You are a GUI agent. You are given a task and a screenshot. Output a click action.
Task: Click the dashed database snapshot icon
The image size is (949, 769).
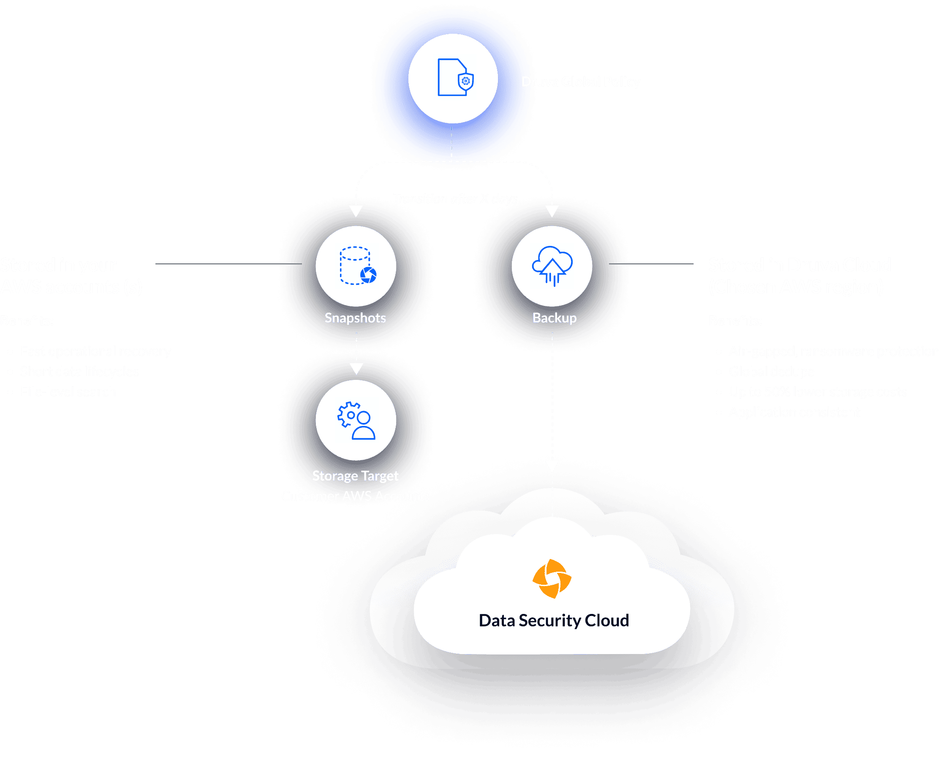(x=357, y=266)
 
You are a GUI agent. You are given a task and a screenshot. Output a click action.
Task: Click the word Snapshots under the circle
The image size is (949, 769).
(x=355, y=318)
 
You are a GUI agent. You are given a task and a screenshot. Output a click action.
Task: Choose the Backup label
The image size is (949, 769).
(x=555, y=318)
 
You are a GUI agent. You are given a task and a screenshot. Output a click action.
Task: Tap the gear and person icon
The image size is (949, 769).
(x=356, y=420)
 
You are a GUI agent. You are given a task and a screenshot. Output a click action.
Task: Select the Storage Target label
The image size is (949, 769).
(x=355, y=476)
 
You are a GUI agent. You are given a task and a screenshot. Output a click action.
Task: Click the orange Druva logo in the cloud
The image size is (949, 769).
(x=552, y=578)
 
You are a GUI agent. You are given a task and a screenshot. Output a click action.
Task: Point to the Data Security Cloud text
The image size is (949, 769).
(x=554, y=621)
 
